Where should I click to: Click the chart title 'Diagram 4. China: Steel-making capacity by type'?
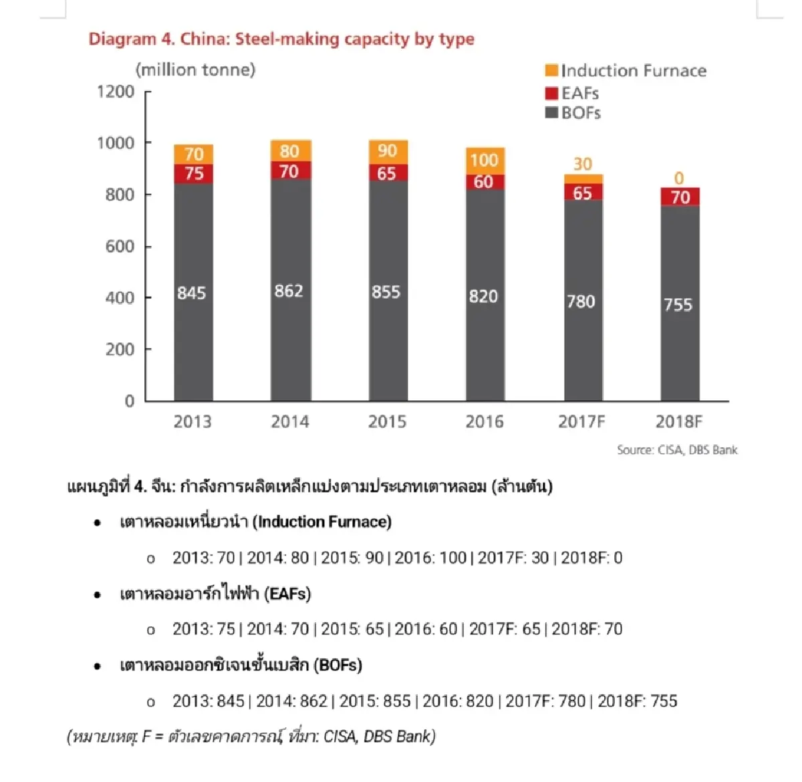pyautogui.click(x=281, y=39)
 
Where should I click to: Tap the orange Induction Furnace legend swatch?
pyautogui.click(x=551, y=70)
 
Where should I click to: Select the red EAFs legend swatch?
pyautogui.click(x=551, y=93)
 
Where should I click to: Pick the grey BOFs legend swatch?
pyautogui.click(x=551, y=112)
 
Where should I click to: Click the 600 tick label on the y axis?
pyautogui.click(x=120, y=247)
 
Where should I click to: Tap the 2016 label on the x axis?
pyautogui.click(x=485, y=422)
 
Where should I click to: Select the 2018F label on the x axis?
pyautogui.click(x=679, y=422)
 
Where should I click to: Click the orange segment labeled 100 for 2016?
pyautogui.click(x=485, y=161)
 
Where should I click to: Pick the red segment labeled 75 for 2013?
pyautogui.click(x=193, y=174)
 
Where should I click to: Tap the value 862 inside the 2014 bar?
pyautogui.click(x=289, y=291)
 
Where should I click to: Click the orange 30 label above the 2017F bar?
pyautogui.click(x=583, y=164)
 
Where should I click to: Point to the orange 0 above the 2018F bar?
pyautogui.click(x=679, y=178)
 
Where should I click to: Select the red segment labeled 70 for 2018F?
pyautogui.click(x=680, y=197)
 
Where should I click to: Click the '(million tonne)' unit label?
pyautogui.click(x=196, y=70)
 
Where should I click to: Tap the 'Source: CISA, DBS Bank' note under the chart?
pyautogui.click(x=677, y=450)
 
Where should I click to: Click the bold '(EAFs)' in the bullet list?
pyautogui.click(x=287, y=594)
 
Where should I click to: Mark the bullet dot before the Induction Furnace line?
pyautogui.click(x=98, y=523)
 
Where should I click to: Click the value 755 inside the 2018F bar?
pyautogui.click(x=678, y=305)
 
